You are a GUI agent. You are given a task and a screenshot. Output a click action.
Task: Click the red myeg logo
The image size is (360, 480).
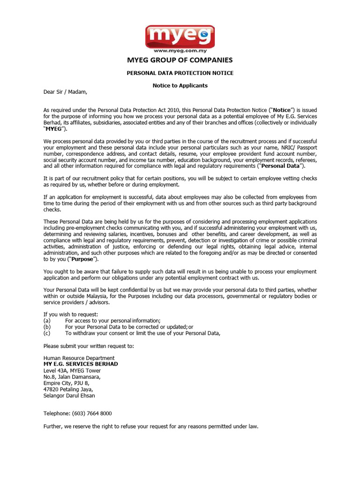(x=180, y=35)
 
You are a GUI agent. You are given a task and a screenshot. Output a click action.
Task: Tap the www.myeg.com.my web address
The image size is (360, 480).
(x=180, y=50)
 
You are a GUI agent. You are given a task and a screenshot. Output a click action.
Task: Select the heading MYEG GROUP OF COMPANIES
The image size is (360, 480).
(x=180, y=60)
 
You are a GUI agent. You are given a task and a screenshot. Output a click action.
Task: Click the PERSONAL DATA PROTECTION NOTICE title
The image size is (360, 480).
(x=180, y=73)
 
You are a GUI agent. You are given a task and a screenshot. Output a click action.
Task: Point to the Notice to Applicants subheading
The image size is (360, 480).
(x=180, y=86)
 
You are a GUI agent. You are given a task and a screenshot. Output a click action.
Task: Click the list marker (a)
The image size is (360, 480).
(x=46, y=321)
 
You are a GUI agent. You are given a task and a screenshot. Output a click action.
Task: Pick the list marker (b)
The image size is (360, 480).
(x=46, y=327)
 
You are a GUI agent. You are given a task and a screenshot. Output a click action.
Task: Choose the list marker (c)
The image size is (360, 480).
(x=46, y=333)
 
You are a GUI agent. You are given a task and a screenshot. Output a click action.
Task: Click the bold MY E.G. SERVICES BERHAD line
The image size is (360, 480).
(x=81, y=364)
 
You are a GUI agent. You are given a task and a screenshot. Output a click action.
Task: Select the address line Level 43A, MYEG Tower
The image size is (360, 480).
(x=72, y=371)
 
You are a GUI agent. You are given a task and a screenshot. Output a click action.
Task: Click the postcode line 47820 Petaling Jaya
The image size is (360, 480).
(x=68, y=389)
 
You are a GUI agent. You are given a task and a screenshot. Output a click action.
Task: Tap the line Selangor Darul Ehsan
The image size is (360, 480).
(x=69, y=396)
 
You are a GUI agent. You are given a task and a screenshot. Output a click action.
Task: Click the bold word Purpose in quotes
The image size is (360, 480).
(x=82, y=259)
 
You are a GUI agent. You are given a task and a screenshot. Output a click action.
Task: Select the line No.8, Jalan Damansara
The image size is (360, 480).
(x=72, y=377)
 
